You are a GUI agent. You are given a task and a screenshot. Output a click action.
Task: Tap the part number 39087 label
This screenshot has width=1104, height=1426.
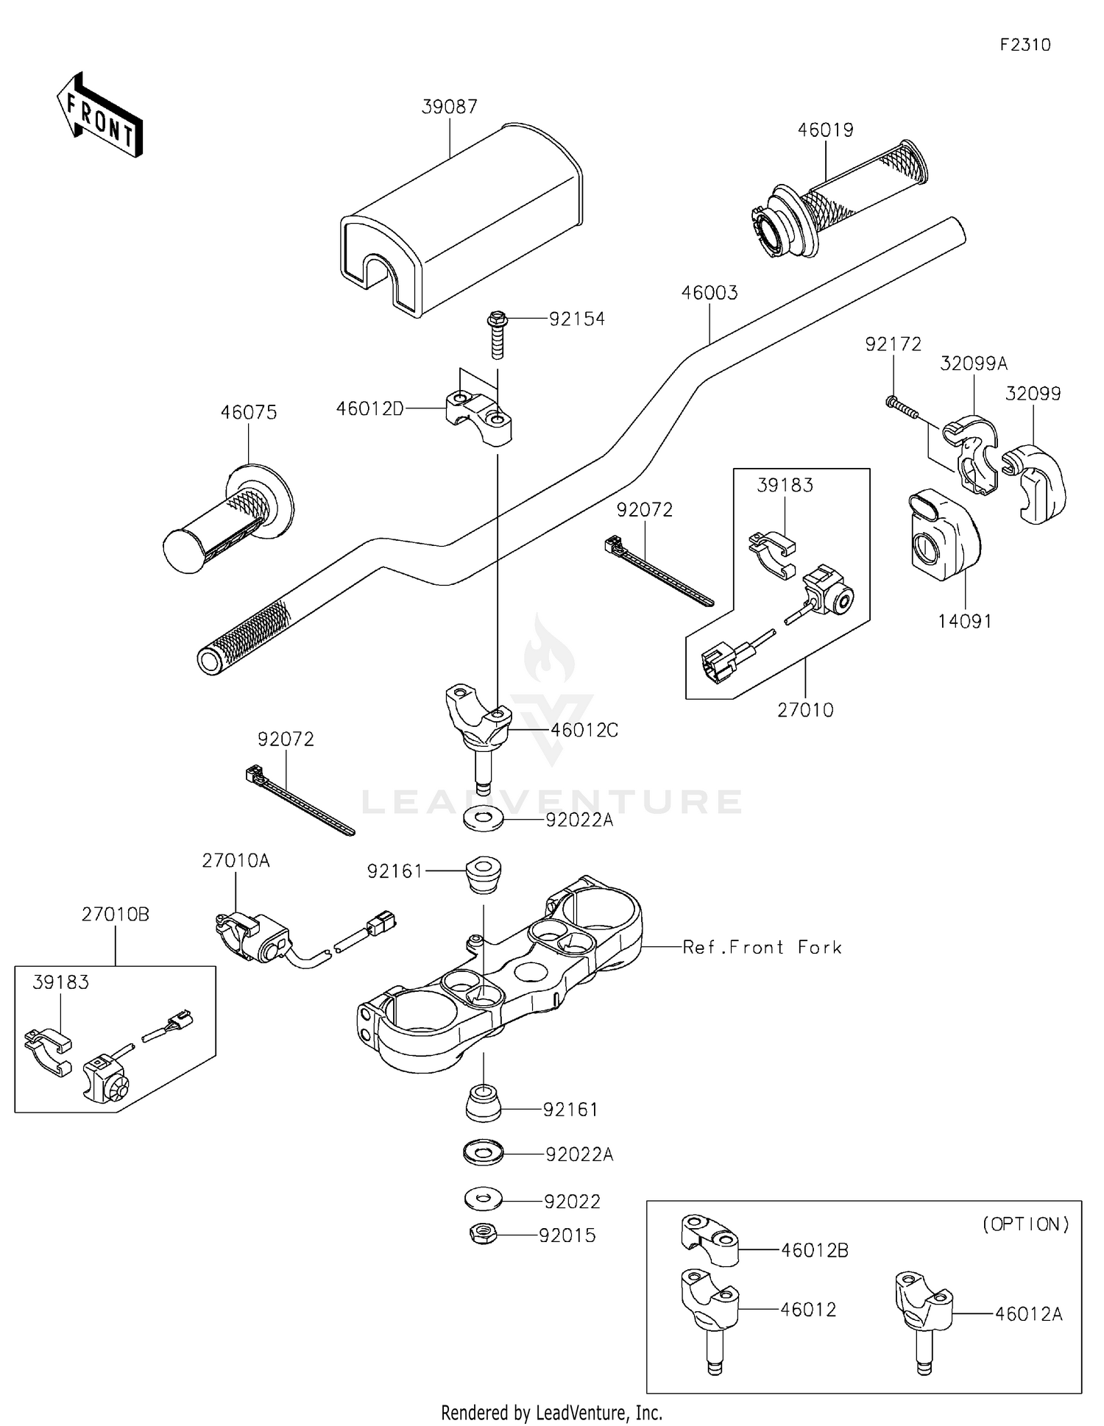coord(449,107)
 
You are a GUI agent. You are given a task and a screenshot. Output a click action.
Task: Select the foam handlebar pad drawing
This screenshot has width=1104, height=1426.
coord(460,221)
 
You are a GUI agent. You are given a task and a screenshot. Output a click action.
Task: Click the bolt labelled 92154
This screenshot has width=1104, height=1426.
coord(497,335)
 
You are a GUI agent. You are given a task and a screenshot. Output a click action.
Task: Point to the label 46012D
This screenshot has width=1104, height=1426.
coord(369,409)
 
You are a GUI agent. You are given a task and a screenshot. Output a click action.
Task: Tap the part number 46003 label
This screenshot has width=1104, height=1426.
coord(709,293)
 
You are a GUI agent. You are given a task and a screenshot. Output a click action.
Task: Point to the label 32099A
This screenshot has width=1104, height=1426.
coord(973,363)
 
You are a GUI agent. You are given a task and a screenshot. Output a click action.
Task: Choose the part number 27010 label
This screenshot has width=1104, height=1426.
coord(805,710)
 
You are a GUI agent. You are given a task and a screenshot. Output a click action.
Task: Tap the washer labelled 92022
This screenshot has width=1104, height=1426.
coord(484,1199)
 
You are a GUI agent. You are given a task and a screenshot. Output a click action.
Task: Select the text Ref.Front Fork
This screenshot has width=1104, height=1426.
coord(762,947)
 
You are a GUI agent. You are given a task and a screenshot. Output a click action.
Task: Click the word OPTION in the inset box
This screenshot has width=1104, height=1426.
coord(1026,1224)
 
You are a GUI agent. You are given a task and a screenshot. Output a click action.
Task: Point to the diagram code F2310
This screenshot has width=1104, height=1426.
coord(1025,45)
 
